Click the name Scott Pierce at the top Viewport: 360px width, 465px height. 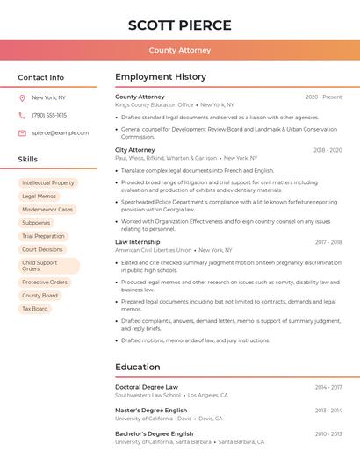point(180,25)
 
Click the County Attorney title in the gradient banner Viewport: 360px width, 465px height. point(180,50)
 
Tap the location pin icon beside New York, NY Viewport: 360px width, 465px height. point(22,97)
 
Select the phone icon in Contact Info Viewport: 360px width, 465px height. point(22,115)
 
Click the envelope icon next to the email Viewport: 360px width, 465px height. point(22,133)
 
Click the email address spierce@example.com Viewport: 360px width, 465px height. point(60,133)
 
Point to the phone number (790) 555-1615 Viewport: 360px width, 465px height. point(49,115)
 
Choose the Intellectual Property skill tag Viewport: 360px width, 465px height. point(48,182)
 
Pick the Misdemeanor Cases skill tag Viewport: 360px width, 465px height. point(47,210)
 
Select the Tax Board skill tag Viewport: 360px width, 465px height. point(35,309)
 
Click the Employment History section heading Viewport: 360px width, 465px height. point(161,77)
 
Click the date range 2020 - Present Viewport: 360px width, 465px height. point(323,97)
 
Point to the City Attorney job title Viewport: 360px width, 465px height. point(135,150)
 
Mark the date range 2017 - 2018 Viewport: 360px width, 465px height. point(328,242)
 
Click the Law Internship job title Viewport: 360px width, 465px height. point(138,242)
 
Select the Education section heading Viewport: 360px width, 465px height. point(138,367)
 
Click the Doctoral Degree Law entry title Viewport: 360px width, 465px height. point(147,387)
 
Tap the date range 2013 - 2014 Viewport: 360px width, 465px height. point(328,410)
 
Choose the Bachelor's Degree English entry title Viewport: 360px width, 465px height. point(155,433)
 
